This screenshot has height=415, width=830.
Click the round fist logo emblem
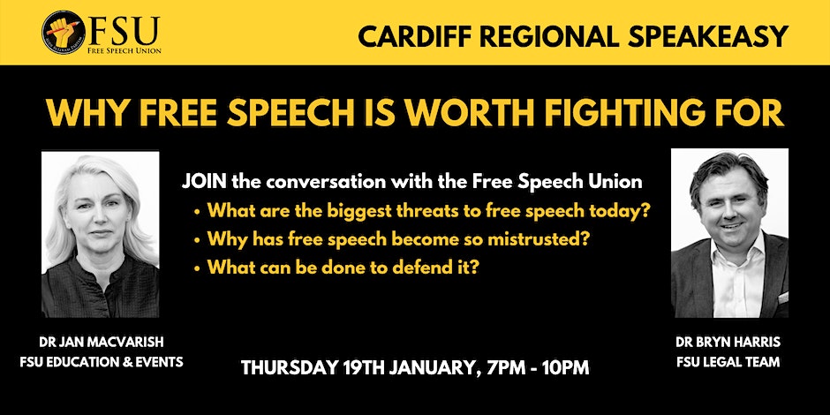[64, 33]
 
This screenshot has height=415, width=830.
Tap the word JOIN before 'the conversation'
[205, 182]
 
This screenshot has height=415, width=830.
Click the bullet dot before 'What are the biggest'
[197, 212]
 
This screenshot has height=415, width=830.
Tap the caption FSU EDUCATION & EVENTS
[102, 362]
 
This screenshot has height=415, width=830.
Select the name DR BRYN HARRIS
[728, 342]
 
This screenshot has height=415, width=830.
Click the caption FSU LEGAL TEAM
[728, 363]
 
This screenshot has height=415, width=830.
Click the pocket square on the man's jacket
[782, 298]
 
